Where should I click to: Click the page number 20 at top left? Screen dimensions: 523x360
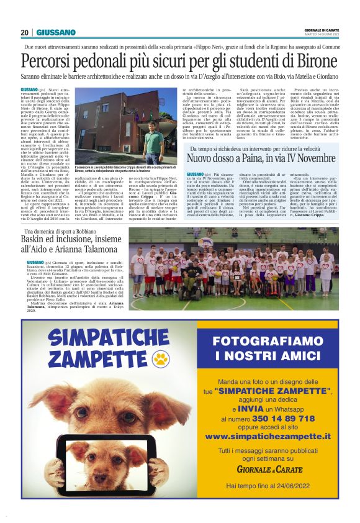25,32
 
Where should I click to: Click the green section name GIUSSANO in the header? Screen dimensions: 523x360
56,32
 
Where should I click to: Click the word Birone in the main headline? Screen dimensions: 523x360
315,61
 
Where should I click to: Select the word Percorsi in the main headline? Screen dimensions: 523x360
47,61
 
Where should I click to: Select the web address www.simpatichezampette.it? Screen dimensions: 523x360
271,437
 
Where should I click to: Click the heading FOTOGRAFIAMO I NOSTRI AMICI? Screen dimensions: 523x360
271,348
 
